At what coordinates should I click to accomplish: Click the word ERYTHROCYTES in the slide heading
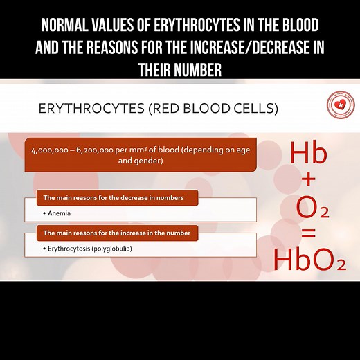pos(82,109)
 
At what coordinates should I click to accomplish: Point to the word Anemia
pos(60,214)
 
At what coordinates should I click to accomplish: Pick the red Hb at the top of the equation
pos(308,153)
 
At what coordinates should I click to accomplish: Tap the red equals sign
pos(309,234)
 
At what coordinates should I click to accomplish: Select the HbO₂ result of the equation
pos(309,260)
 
